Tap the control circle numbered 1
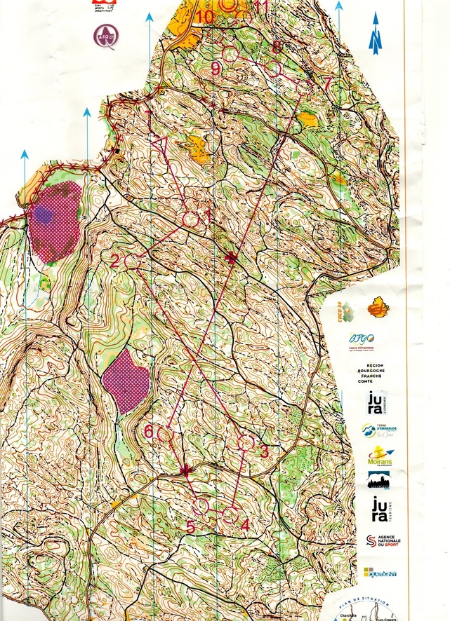(190, 219)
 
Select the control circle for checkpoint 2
(131, 260)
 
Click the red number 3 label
(264, 452)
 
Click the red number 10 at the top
(205, 15)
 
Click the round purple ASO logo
(107, 35)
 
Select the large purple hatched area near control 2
(55, 220)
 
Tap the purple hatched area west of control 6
(126, 381)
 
